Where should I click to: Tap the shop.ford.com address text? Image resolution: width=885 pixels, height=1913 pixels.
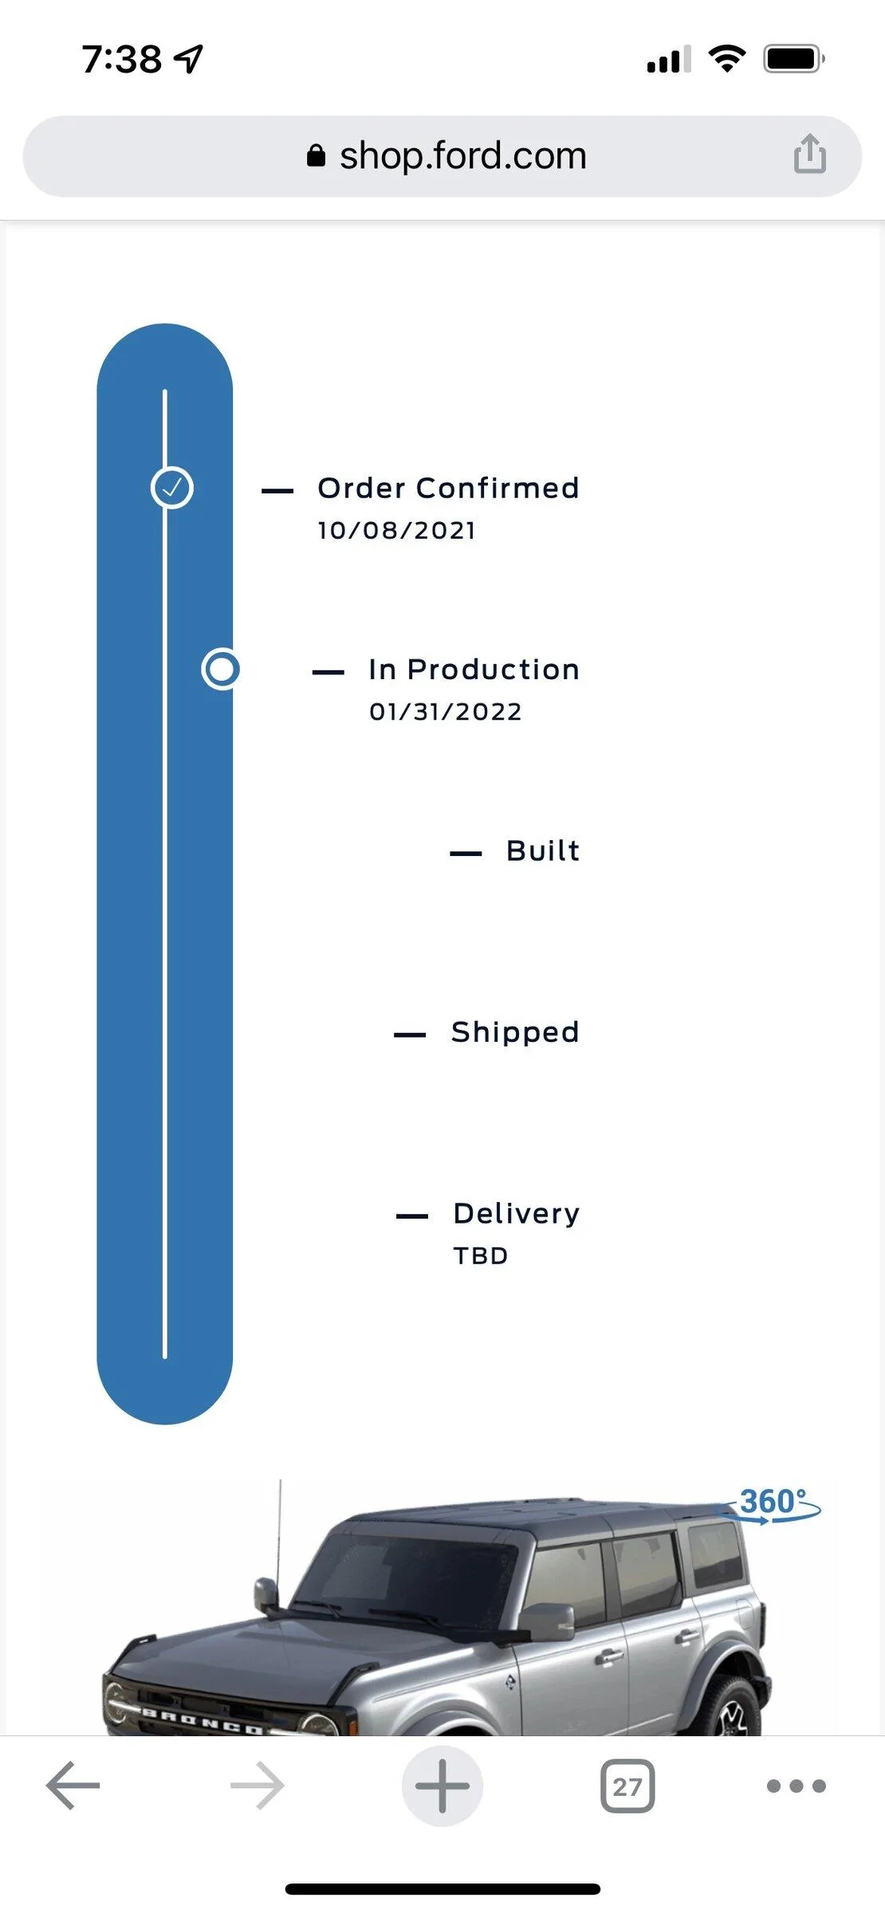click(x=462, y=156)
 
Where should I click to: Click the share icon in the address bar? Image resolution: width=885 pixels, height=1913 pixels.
click(x=809, y=153)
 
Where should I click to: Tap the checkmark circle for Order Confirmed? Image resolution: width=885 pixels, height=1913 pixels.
click(x=172, y=488)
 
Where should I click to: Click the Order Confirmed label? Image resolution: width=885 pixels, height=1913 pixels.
click(x=448, y=488)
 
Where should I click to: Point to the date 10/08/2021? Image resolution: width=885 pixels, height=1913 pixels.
click(x=396, y=531)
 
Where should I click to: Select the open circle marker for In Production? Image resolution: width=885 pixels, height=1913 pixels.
click(x=221, y=669)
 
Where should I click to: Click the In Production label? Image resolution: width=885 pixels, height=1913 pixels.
click(x=474, y=670)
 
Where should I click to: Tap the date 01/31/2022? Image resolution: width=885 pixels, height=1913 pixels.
click(x=445, y=712)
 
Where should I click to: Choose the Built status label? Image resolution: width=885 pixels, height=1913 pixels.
click(x=543, y=850)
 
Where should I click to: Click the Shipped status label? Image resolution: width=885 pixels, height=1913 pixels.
click(x=515, y=1032)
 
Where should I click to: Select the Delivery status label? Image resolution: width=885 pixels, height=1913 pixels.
click(x=517, y=1213)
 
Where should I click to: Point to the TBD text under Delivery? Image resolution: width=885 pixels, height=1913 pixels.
click(x=481, y=1256)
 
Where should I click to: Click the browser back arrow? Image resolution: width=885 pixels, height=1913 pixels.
click(x=73, y=1785)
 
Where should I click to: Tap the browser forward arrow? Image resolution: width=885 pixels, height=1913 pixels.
click(x=257, y=1785)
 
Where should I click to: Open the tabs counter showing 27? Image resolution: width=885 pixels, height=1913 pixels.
click(x=627, y=1786)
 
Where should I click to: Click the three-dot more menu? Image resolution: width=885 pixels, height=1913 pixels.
click(x=796, y=1786)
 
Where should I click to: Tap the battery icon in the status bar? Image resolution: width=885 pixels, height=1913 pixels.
click(x=793, y=59)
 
